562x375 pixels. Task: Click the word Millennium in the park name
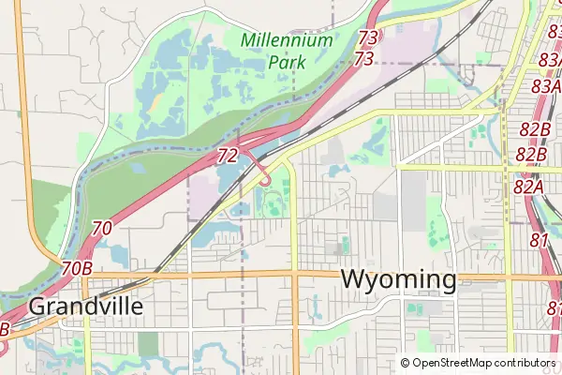pos(287,40)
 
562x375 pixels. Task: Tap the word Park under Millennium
pos(287,62)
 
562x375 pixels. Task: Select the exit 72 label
pos(228,156)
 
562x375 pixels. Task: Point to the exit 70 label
pos(103,228)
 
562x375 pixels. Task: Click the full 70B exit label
pos(76,269)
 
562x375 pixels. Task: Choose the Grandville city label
pos(86,307)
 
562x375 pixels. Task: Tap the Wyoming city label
pos(399,279)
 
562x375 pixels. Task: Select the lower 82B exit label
pos(530,154)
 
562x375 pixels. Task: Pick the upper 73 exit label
pos(368,38)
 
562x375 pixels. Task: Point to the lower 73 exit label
pos(364,59)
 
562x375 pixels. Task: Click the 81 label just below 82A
pos(539,240)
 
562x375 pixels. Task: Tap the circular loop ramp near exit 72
pos(266,179)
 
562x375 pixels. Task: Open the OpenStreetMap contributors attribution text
pos(483,363)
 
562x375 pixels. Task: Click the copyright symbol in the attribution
pos(405,363)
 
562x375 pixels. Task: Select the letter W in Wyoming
pos(353,279)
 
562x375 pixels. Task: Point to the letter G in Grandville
pos(37,307)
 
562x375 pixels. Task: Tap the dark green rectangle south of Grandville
pos(148,343)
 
